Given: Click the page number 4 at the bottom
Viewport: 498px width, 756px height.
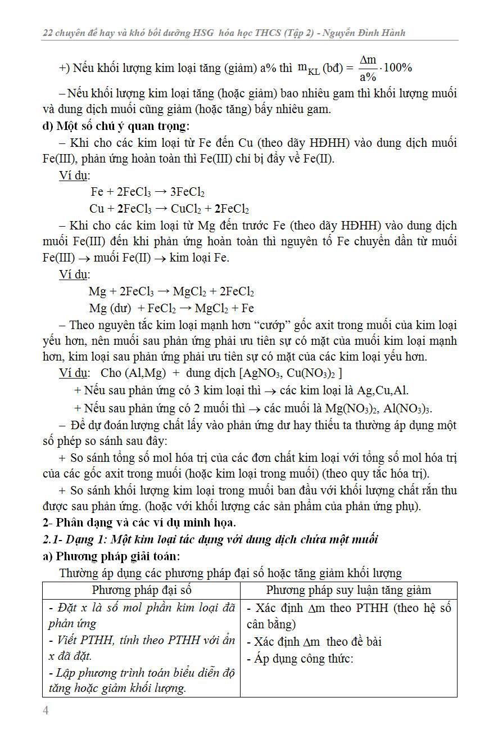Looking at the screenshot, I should [x=46, y=710].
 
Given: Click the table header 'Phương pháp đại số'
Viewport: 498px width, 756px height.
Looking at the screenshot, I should [x=142, y=590].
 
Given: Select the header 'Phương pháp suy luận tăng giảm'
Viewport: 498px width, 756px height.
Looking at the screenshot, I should [x=348, y=590].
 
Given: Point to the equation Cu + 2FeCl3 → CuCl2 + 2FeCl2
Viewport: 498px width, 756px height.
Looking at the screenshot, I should [x=169, y=209].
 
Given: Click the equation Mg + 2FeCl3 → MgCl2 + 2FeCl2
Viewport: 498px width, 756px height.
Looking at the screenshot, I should [x=171, y=292].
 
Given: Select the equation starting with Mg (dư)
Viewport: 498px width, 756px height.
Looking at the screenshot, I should [x=171, y=308].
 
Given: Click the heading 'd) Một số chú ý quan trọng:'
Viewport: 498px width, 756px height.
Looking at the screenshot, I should [x=116, y=125].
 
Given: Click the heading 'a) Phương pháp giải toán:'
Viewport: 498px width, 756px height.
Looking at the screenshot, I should [x=111, y=556].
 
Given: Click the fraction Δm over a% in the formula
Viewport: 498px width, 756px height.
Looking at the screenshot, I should [x=368, y=69].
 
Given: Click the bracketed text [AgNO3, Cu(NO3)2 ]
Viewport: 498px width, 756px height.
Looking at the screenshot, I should [x=291, y=373].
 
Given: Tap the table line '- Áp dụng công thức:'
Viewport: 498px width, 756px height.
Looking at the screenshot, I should [x=300, y=659].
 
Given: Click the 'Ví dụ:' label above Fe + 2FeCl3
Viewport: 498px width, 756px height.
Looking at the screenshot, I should [x=74, y=175].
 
